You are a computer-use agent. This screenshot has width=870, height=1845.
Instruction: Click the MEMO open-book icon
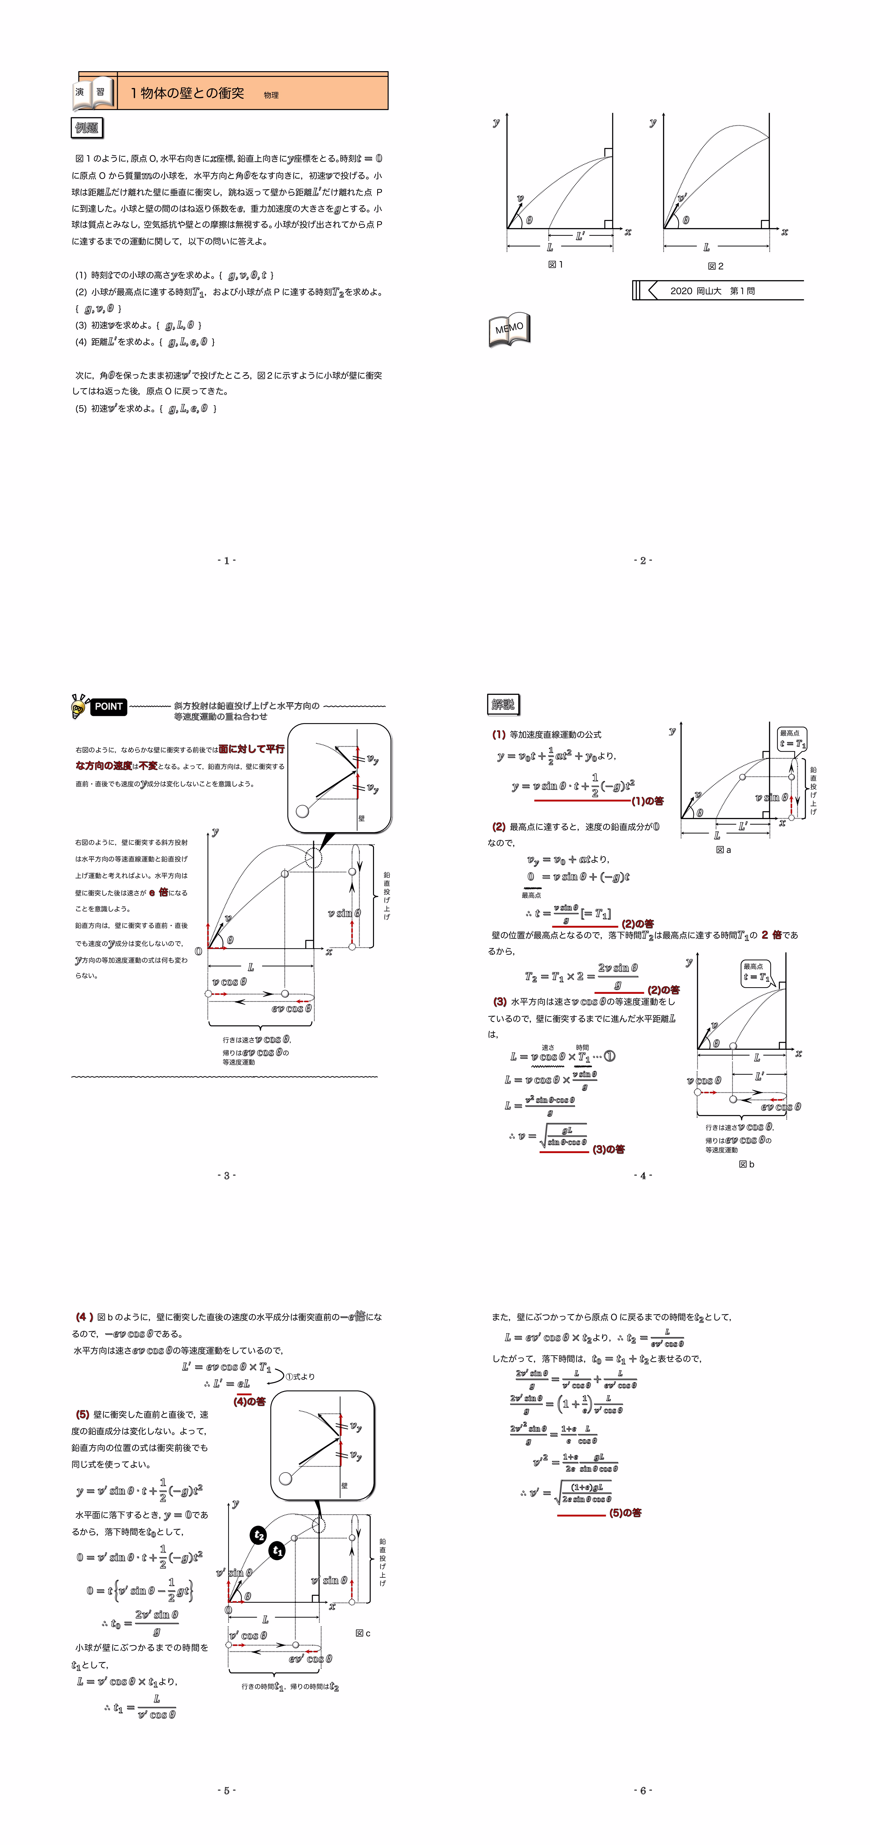509,330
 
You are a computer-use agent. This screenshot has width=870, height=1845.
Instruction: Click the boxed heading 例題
87,128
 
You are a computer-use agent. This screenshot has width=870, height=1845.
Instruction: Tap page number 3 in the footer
226,1175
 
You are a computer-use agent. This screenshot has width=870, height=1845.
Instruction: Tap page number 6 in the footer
642,1790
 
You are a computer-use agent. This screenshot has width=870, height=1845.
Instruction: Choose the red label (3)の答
609,1149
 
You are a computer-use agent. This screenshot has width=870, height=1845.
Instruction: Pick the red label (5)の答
625,1513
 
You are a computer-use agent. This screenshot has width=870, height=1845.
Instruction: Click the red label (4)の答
249,1401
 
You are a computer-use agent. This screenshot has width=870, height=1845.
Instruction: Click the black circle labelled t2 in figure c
258,1535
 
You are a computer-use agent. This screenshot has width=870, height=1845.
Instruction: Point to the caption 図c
363,1633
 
